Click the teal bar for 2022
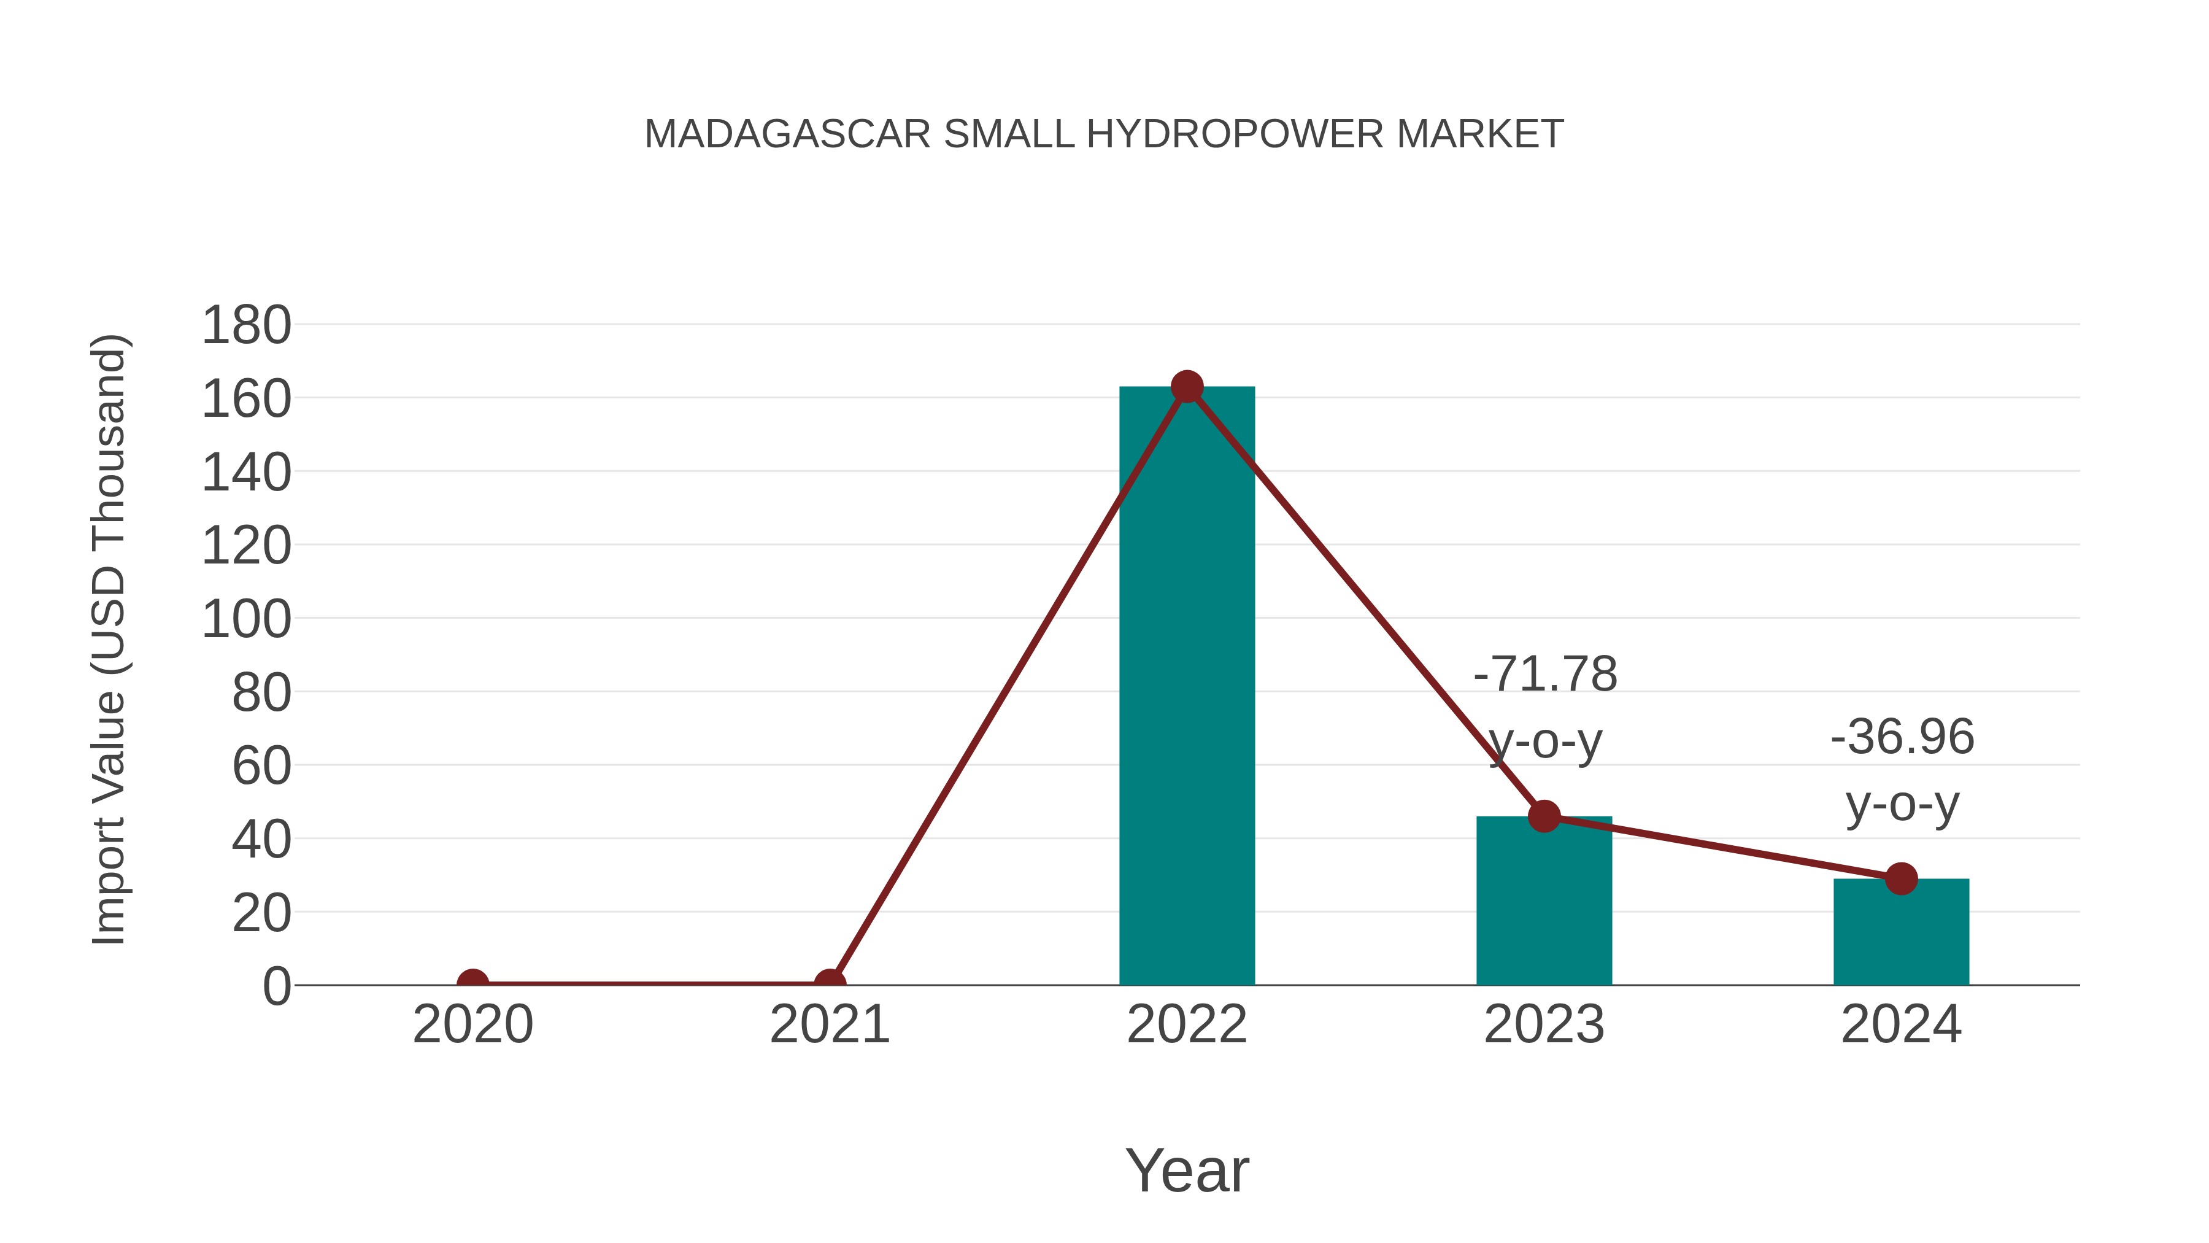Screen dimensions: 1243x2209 [1187, 686]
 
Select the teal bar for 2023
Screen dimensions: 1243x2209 [1544, 900]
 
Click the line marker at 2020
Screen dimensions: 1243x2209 [472, 983]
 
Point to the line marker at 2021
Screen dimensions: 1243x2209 [829, 983]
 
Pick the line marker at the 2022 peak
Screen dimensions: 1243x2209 [1187, 387]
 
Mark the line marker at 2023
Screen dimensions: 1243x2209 [1544, 816]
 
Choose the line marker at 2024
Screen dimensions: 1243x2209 [1901, 878]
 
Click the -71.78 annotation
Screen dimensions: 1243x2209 [1545, 674]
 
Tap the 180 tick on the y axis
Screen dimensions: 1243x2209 [246, 326]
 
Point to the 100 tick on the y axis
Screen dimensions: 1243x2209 [246, 619]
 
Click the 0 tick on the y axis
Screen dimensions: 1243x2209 [276, 986]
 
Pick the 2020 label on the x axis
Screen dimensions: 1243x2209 [472, 1024]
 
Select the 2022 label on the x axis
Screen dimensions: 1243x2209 [1187, 1024]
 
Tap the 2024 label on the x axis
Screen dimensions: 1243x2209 [1901, 1024]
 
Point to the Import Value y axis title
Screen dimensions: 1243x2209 [110, 639]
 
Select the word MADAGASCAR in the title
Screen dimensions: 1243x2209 [787, 134]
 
